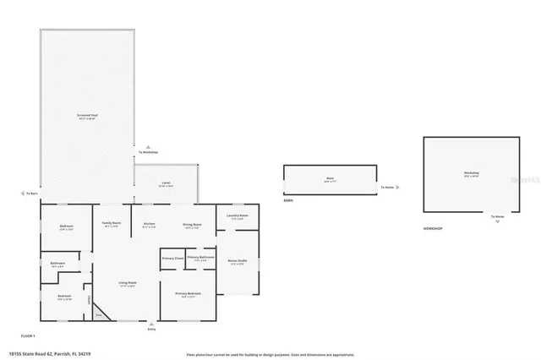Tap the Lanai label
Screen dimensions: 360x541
(x=167, y=183)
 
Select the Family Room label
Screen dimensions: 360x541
(x=112, y=224)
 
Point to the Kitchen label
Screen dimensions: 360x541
(x=149, y=225)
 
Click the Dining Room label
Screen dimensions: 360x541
(x=193, y=225)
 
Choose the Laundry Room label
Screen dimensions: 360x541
(x=238, y=216)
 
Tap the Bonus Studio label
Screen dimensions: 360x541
(x=238, y=261)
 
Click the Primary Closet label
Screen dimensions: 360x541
(x=173, y=257)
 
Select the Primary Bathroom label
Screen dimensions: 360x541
(x=200, y=257)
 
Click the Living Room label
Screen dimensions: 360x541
(x=127, y=283)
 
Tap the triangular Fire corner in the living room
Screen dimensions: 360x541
(x=99, y=314)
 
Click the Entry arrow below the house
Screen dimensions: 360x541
(x=152, y=325)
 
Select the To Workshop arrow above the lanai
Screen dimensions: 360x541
(x=148, y=150)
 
